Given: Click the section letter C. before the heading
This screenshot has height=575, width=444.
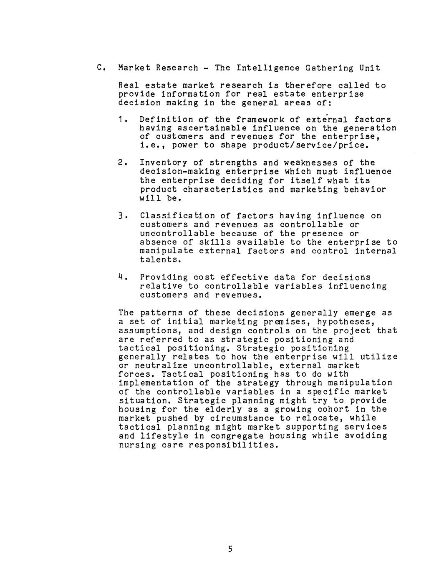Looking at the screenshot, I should (99, 68).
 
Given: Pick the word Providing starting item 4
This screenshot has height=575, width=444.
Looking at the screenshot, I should (164, 277).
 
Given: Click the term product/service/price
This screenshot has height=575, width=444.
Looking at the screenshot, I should (311, 145).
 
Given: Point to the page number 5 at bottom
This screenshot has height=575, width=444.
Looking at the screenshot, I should (230, 549).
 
